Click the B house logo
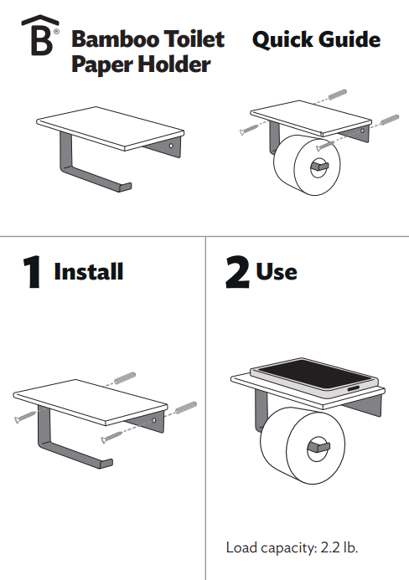[x=40, y=35]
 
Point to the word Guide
[x=349, y=39]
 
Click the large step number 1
[x=32, y=271]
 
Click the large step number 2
[x=237, y=272]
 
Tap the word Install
[x=89, y=272]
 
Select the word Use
[x=277, y=272]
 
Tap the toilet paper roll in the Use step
[x=303, y=446]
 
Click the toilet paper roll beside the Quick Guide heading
[x=307, y=165]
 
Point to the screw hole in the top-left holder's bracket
[x=171, y=146]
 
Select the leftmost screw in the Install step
[x=25, y=417]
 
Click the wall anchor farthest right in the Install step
[x=186, y=408]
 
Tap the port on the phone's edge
[x=353, y=389]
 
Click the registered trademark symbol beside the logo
[x=56, y=32]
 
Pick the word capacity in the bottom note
[x=288, y=548]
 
